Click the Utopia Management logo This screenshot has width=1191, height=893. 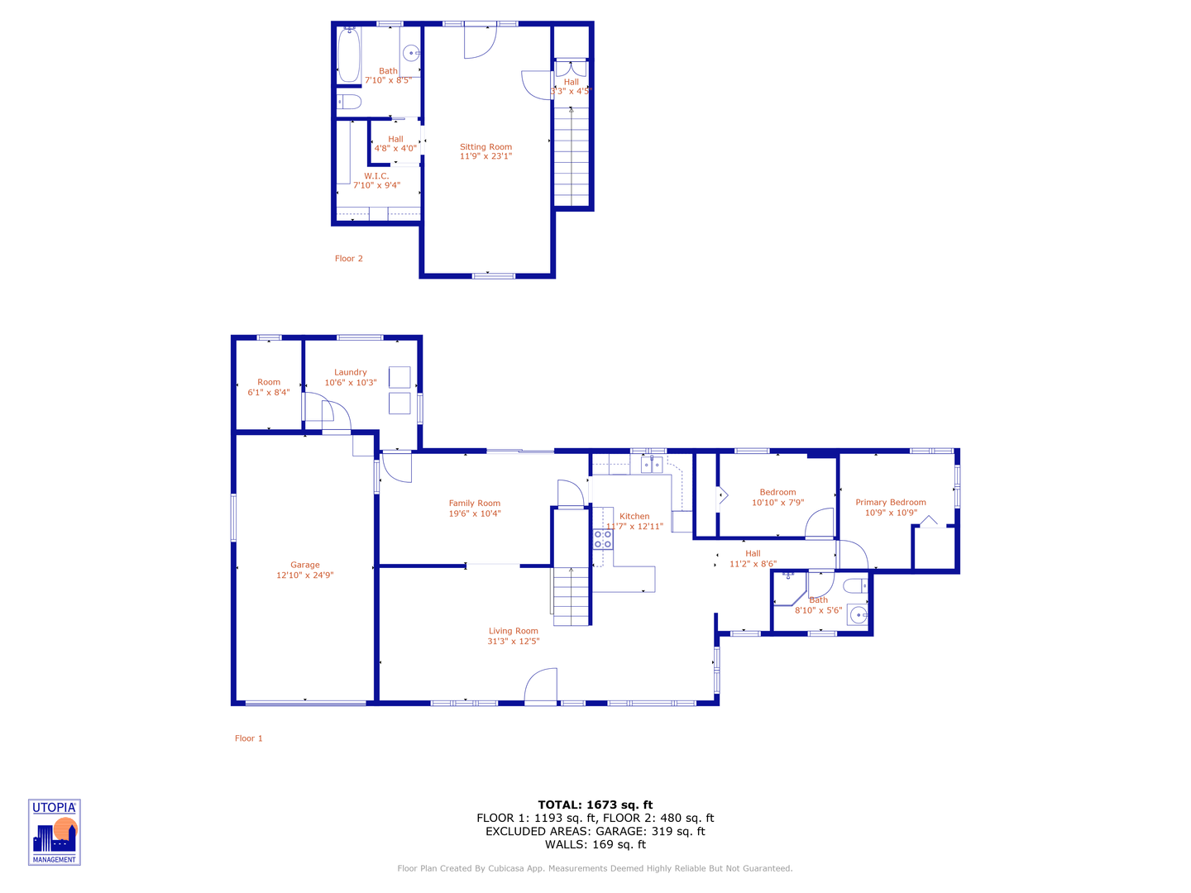55,832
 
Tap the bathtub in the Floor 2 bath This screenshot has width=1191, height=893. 348,55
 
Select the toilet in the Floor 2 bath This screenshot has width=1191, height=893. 350,103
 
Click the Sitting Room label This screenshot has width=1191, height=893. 485,146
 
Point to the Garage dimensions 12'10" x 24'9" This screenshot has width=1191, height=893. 304,575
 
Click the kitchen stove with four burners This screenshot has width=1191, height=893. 603,540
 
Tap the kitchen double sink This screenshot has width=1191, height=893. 652,466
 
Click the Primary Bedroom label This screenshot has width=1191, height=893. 890,502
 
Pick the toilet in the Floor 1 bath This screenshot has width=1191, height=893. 856,586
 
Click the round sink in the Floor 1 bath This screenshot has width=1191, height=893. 859,615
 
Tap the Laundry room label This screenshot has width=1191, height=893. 351,372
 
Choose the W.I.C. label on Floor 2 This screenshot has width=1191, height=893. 376,176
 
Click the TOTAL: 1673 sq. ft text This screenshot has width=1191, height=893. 595,805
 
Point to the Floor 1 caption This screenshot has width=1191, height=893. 248,738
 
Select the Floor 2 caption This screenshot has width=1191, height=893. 348,259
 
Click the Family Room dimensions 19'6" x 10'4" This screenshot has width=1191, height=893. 475,513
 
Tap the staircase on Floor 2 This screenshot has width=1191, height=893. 571,157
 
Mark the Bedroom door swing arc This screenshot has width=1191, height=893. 819,523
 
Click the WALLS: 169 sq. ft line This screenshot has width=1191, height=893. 595,844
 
